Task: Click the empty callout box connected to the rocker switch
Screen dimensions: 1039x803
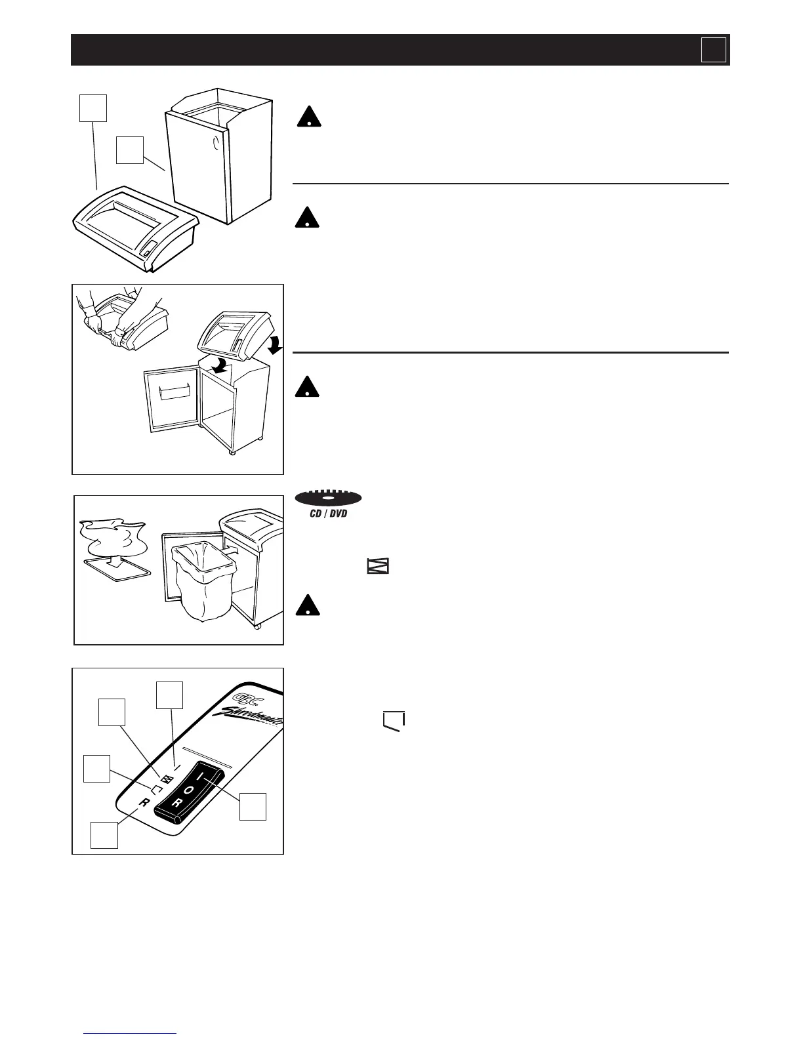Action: click(253, 806)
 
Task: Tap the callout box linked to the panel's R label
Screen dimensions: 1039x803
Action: click(104, 835)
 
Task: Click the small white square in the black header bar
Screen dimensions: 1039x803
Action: click(713, 50)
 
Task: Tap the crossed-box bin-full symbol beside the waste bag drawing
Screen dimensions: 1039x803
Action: click(378, 566)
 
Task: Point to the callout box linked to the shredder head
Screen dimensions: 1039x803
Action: click(93, 108)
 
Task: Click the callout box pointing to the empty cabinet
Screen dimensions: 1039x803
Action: click(130, 150)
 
